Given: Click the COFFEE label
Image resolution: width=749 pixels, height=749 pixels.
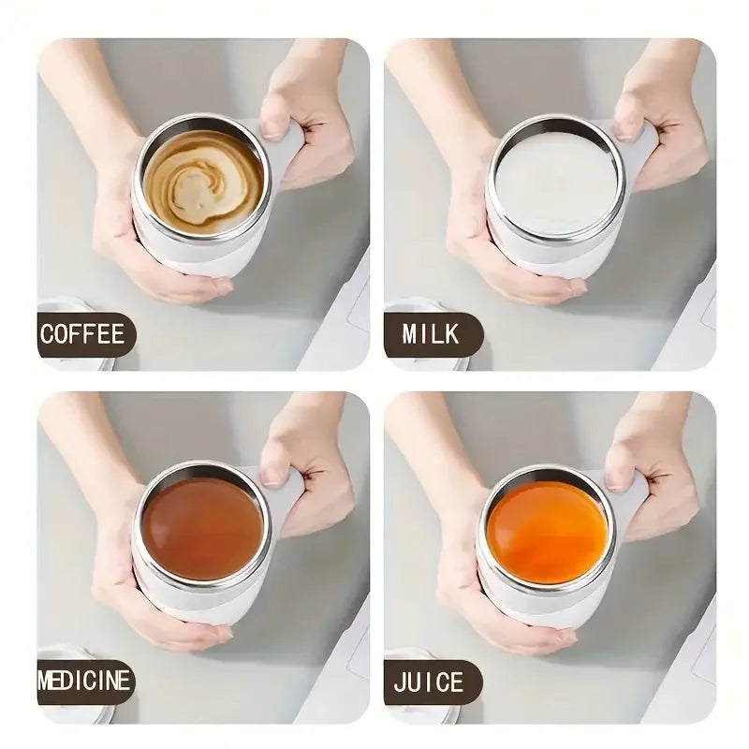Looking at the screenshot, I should click(82, 334).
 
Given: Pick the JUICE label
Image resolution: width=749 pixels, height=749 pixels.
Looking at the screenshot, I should click(430, 682).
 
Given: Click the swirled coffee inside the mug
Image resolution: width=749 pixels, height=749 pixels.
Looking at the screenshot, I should click(202, 180).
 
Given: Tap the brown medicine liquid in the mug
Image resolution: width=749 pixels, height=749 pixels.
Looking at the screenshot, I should click(202, 527).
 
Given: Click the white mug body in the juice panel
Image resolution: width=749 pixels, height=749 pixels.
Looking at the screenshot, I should click(534, 604).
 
